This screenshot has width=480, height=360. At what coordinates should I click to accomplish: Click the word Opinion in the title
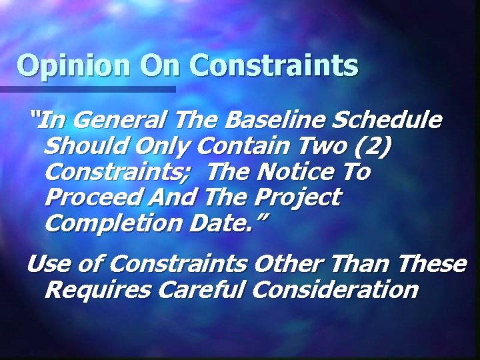[x=73, y=66]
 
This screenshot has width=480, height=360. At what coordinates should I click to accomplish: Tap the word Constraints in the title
[x=274, y=66]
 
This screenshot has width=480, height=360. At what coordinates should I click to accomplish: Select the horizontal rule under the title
[x=87, y=89]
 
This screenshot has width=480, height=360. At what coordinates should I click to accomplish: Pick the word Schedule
[x=387, y=121]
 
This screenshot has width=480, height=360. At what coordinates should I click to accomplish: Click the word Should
[x=87, y=146]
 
